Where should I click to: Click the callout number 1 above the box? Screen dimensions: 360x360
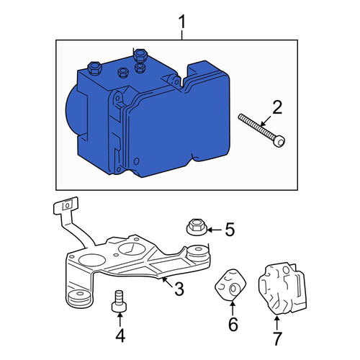182,22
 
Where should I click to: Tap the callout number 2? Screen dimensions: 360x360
277,107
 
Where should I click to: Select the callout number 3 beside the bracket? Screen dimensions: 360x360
179,289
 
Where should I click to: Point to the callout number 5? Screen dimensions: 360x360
230,230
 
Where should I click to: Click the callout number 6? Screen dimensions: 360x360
233,324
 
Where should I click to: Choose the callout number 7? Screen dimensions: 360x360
276,338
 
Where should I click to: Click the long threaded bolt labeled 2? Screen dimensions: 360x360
261,130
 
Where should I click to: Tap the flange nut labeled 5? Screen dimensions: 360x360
197,227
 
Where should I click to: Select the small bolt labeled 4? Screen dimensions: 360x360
119,302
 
